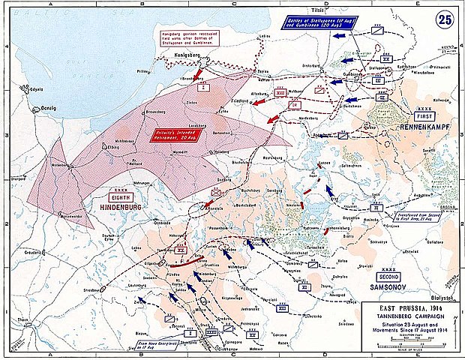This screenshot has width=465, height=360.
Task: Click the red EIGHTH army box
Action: (119, 192)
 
